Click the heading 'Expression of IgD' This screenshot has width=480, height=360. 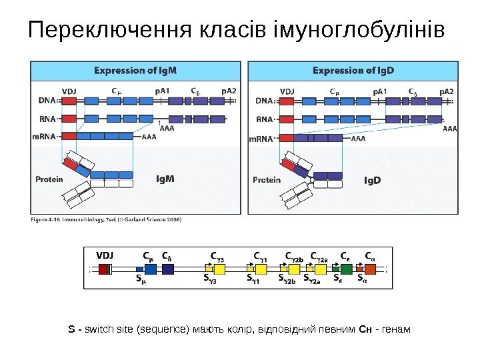(353, 70)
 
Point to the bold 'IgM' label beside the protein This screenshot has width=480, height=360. (165, 179)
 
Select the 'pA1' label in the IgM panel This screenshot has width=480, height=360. (163, 90)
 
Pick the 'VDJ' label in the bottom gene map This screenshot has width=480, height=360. (105, 254)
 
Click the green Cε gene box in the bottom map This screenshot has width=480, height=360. (346, 269)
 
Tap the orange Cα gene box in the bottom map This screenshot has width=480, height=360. (371, 269)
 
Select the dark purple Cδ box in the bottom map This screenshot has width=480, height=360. (167, 269)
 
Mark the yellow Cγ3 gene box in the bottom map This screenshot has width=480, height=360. (219, 269)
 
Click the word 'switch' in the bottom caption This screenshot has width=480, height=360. (97, 329)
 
